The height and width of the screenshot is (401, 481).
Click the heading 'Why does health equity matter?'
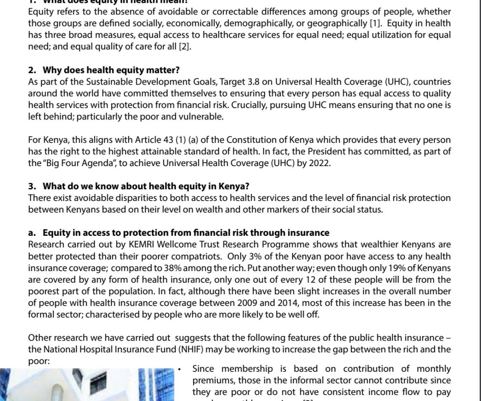[111, 70]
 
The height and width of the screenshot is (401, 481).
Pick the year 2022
[320, 164]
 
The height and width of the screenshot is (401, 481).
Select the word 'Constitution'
[253, 140]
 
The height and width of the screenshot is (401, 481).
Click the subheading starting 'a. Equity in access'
[179, 233]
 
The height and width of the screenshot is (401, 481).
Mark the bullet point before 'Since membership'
[181, 369]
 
